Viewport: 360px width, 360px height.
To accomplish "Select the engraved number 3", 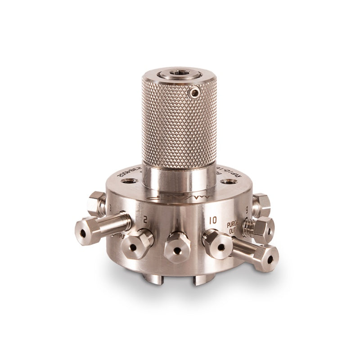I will (110, 207).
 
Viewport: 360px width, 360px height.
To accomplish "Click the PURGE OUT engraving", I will (234, 227).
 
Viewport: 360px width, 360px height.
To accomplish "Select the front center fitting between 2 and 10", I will (175, 248).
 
